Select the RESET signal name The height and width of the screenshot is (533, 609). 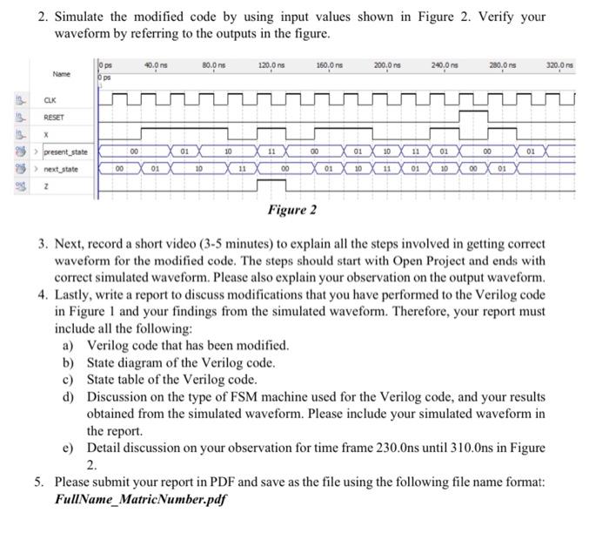(x=55, y=118)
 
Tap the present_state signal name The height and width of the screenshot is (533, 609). (x=66, y=152)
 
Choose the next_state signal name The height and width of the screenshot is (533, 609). (x=61, y=168)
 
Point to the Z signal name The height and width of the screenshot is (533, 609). (x=47, y=186)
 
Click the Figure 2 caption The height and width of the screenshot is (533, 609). (x=291, y=210)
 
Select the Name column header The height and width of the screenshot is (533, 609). (x=62, y=74)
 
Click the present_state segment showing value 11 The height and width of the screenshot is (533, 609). (x=271, y=151)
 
